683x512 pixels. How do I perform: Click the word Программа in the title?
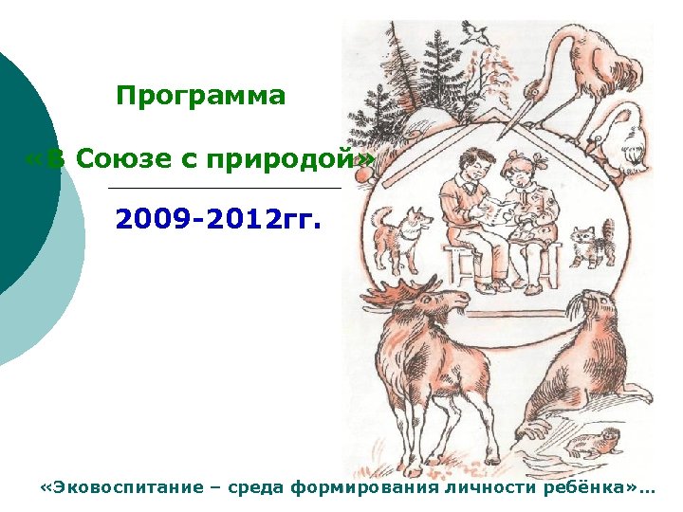point(200,97)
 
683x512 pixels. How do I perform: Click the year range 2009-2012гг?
point(218,222)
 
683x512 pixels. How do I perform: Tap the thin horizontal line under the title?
point(226,189)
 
